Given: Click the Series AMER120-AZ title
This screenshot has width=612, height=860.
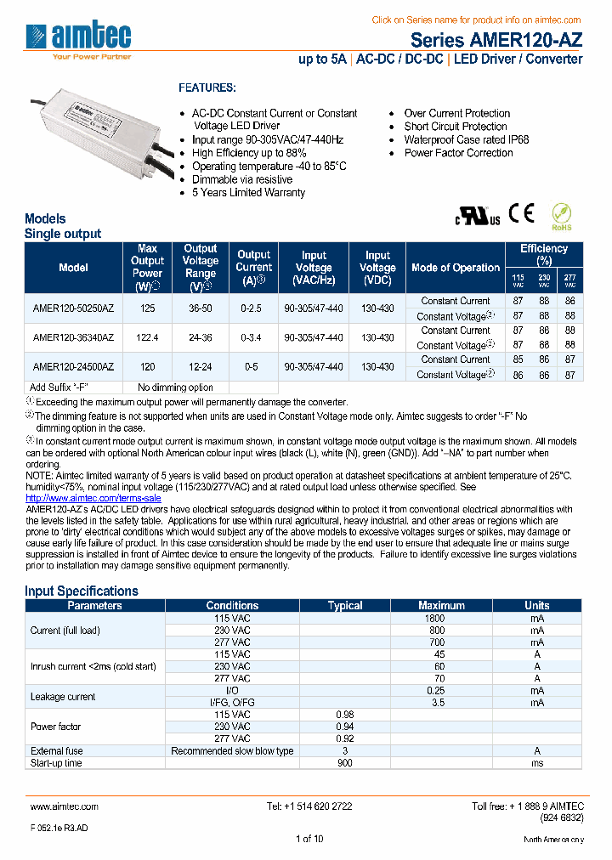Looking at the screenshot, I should (496, 40).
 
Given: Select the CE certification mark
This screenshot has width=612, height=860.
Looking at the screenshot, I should (521, 213).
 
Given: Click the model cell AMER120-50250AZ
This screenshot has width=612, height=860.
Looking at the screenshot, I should (73, 308).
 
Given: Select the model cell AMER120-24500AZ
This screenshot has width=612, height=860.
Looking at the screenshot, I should (73, 366).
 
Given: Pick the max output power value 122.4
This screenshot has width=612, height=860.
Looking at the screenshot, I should (147, 337).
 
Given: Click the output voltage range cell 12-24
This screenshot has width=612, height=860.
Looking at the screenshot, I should (201, 366).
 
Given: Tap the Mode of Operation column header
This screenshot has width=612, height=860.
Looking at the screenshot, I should (456, 268).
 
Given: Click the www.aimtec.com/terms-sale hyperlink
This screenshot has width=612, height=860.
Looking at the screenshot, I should (93, 497).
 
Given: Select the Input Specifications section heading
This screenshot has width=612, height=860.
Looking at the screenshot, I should (81, 591).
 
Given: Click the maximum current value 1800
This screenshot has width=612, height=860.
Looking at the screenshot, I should (434, 619).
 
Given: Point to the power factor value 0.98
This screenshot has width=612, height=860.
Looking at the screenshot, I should (344, 715).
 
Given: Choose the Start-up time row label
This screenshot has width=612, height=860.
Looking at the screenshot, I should (56, 763).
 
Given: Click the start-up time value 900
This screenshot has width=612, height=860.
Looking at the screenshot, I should (344, 763).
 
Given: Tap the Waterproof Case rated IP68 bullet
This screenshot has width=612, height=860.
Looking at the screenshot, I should (466, 140).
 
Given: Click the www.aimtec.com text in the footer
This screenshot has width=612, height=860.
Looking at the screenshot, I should (64, 806).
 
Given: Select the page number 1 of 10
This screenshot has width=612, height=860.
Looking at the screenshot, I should (309, 839).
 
